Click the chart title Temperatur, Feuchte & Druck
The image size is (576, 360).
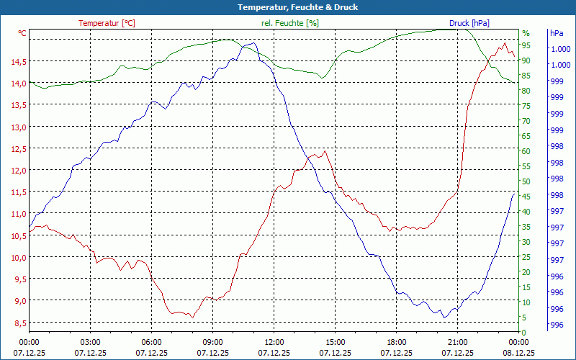pyautogui.click(x=288, y=7)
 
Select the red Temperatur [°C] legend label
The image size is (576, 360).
pyautogui.click(x=107, y=23)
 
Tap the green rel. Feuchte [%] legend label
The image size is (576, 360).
pyautogui.click(x=289, y=23)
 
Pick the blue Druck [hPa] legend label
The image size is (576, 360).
pyautogui.click(x=469, y=23)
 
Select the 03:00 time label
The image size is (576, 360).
pyautogui.click(x=90, y=342)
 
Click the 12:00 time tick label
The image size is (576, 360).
pyautogui.click(x=274, y=342)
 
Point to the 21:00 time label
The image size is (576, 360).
pyautogui.click(x=457, y=342)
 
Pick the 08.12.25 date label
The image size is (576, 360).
pyautogui.click(x=518, y=353)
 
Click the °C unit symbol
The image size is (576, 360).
pyautogui.click(x=22, y=33)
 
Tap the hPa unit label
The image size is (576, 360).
pyautogui.click(x=557, y=33)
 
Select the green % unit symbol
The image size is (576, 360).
pyautogui.click(x=526, y=33)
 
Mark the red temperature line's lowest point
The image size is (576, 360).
pyautogui.click(x=192, y=317)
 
